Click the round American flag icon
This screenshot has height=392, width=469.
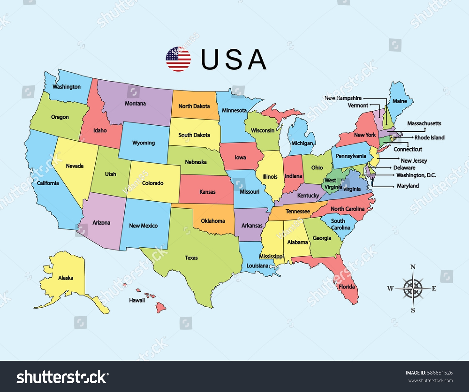click(178, 59)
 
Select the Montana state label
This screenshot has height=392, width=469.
click(135, 103)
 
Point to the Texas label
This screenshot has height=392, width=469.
click(191, 258)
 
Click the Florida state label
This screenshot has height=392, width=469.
click(347, 287)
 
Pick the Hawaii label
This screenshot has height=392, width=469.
click(137, 300)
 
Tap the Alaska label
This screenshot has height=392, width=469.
click(66, 278)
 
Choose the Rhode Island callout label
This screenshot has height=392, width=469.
click(429, 138)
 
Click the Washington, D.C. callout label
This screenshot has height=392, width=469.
click(416, 175)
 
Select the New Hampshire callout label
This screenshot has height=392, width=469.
click(343, 98)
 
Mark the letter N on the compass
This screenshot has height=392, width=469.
click(413, 267)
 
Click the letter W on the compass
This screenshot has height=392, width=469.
click(391, 289)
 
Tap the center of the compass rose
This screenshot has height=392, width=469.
click(413, 289)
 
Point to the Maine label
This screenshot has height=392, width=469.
click(400, 101)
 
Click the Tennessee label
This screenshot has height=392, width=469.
click(297, 211)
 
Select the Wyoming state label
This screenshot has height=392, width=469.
click(144, 143)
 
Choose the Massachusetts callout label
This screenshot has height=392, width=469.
click(424, 123)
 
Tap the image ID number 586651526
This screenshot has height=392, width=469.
click(440, 373)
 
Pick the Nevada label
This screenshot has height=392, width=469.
click(75, 166)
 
